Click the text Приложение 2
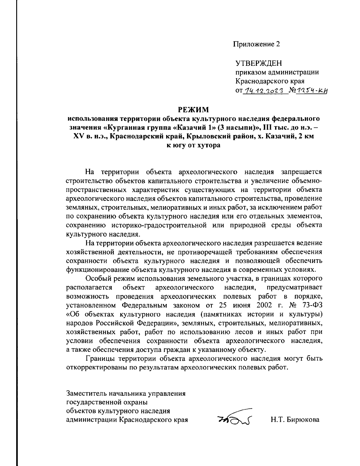pos(256,44)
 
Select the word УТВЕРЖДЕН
pos(259,63)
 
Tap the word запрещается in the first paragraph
pos(301,172)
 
